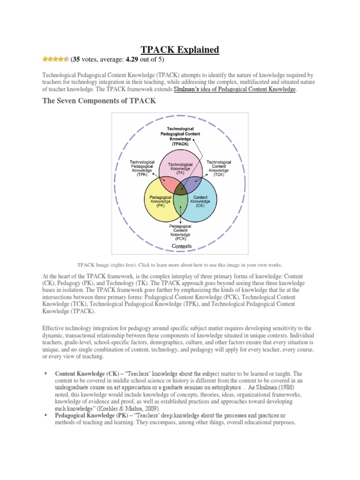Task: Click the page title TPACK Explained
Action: (180, 50)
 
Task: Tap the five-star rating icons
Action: (55, 59)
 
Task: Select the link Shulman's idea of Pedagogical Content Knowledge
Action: (235, 89)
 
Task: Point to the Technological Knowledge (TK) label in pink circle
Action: (180, 168)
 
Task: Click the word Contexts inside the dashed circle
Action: (180, 245)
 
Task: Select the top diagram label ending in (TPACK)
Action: (180, 136)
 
